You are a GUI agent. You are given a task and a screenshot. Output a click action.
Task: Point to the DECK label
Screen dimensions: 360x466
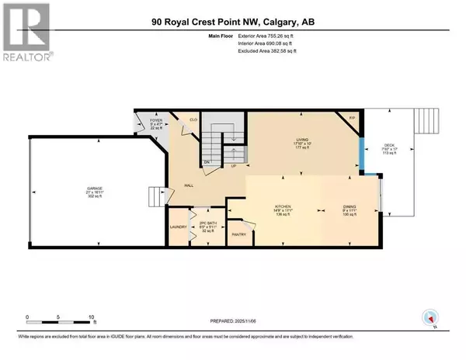(x=391, y=147)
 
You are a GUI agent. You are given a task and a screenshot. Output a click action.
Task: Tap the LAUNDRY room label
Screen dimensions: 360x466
(x=179, y=227)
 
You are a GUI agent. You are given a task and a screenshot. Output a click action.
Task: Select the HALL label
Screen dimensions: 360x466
(x=189, y=185)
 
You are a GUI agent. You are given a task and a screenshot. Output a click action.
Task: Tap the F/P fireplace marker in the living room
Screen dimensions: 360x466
(x=352, y=118)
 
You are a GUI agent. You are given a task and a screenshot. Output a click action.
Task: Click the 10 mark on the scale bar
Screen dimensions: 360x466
(x=92, y=317)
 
